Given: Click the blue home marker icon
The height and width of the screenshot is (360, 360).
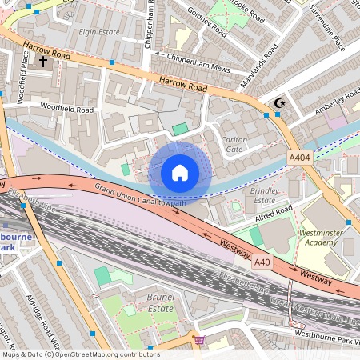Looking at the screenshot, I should (x=180, y=172).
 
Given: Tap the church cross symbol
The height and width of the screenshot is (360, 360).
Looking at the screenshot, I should (x=42, y=60).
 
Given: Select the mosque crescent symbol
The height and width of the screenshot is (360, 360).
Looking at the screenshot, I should (x=279, y=102).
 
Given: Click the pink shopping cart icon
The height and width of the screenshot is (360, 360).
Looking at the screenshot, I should (x=199, y=340).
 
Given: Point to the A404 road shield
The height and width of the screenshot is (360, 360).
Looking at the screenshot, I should (x=300, y=158).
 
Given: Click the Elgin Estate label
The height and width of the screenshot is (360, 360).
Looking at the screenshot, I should (x=99, y=32).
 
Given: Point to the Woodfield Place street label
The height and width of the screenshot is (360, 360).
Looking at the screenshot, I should (x=22, y=70).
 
